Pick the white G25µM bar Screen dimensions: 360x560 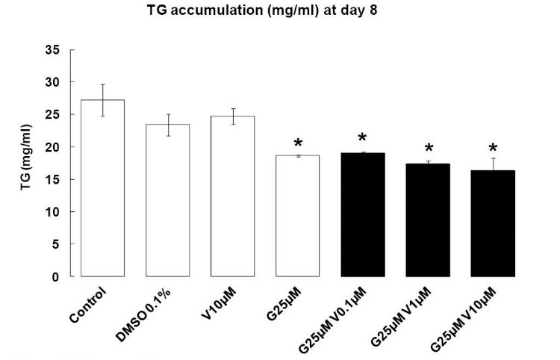point(297,216)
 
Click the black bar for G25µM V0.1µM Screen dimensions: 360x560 point(362,215)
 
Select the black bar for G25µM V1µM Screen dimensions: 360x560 point(427,220)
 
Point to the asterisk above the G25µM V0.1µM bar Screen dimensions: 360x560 point(362,139)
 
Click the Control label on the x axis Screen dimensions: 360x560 point(93,300)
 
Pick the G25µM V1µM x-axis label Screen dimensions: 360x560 point(406,313)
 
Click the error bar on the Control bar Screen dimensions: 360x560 point(102,100)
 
